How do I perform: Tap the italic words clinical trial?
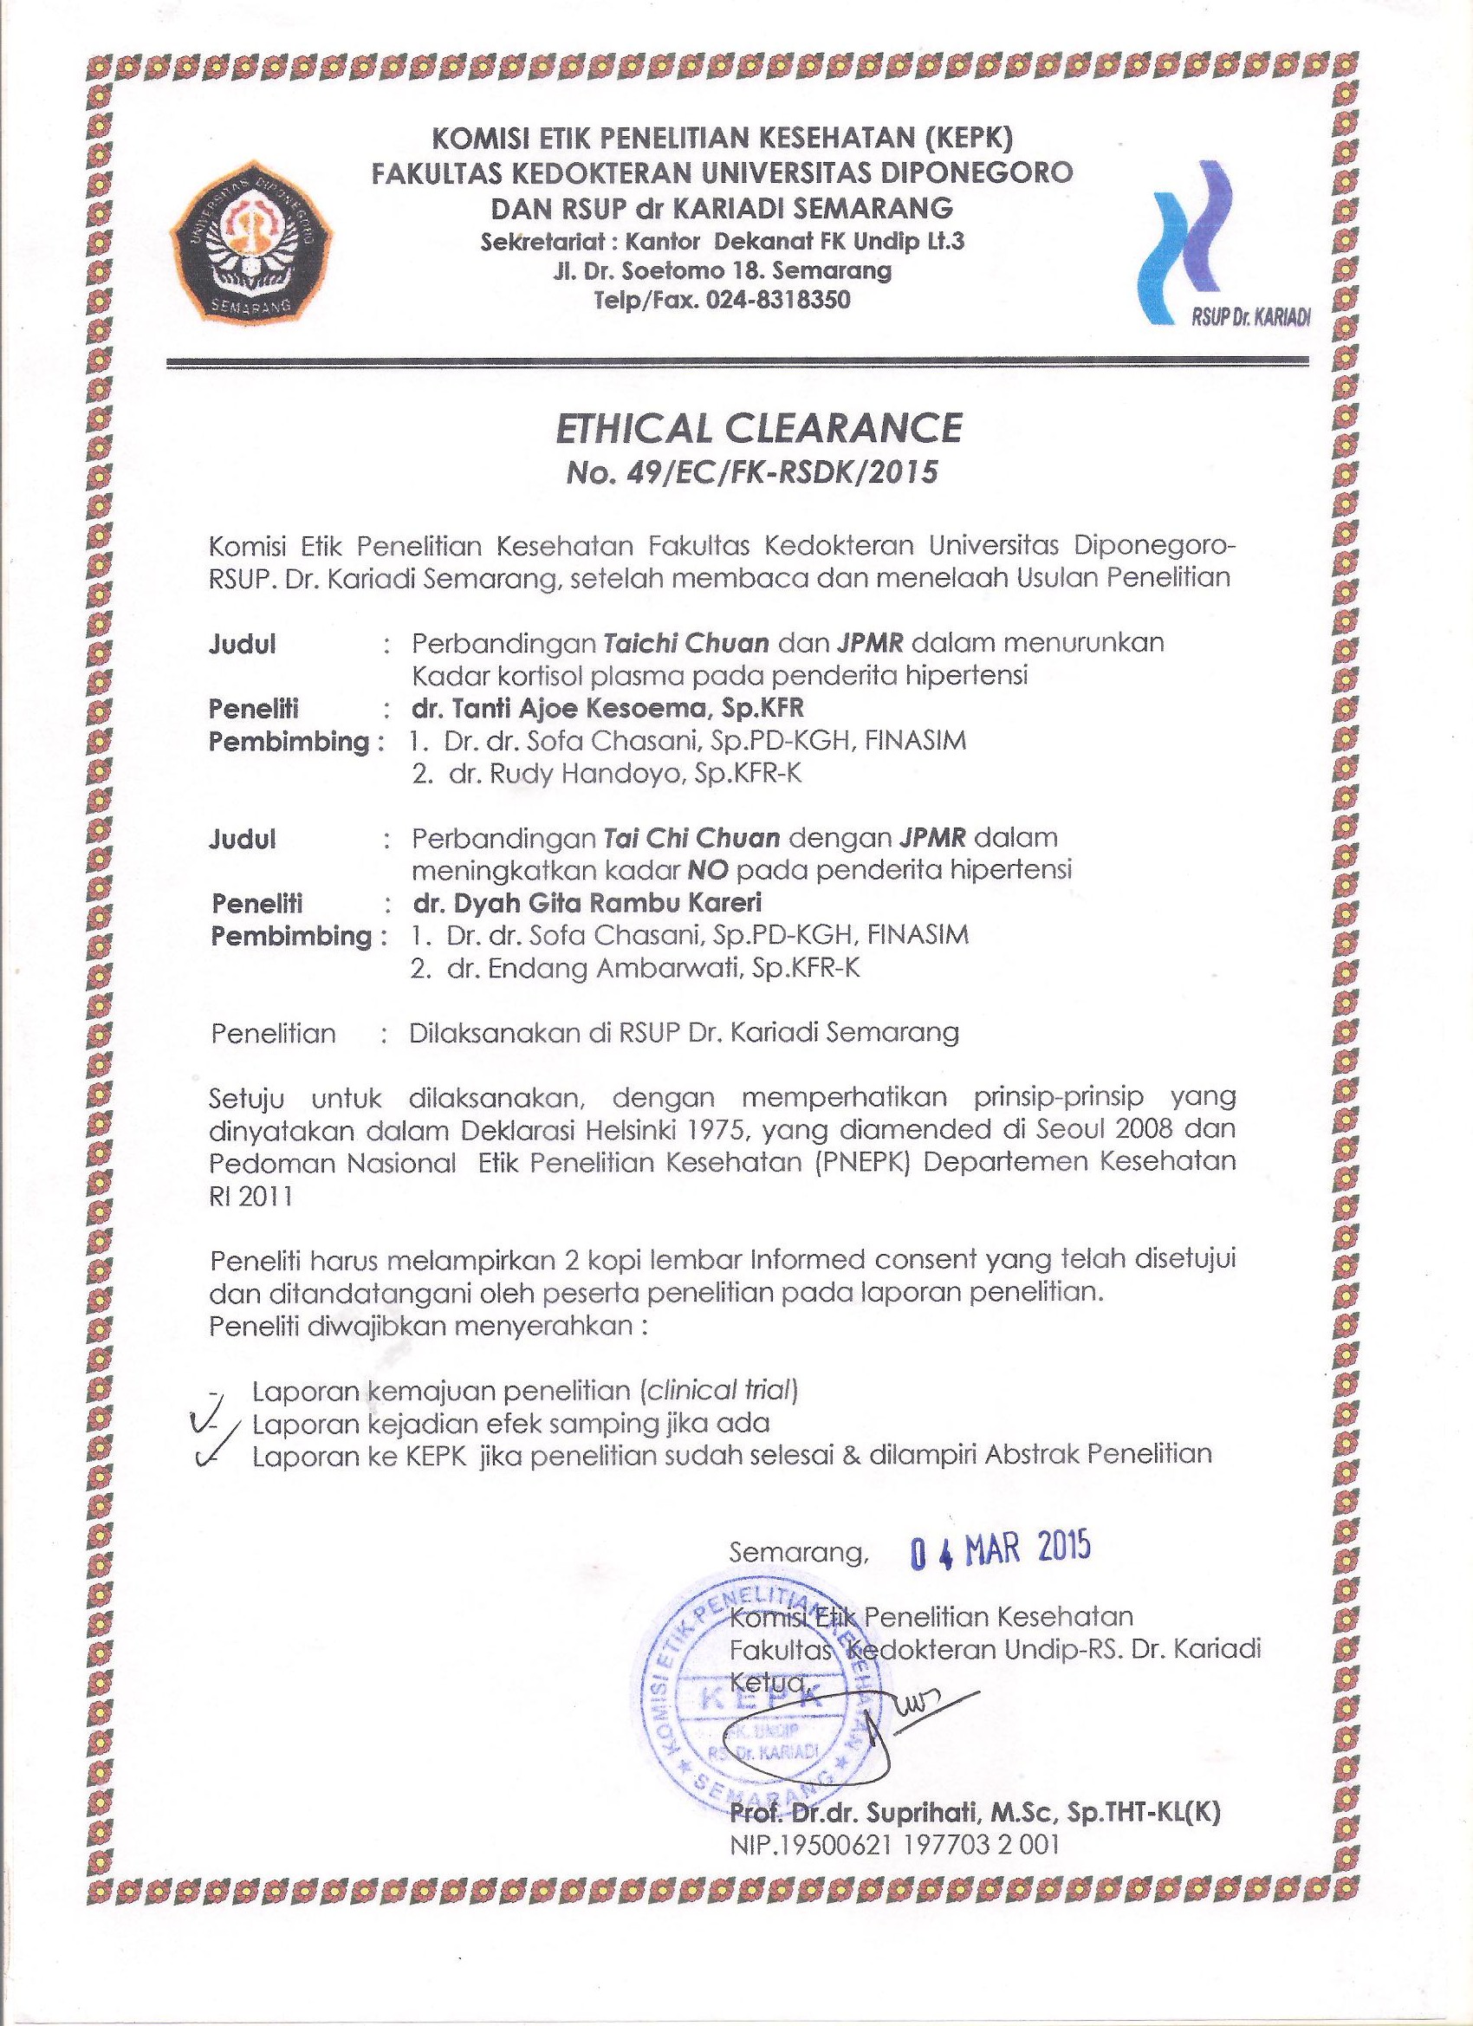pyautogui.click(x=718, y=1390)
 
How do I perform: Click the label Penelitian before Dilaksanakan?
pyautogui.click(x=273, y=1034)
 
